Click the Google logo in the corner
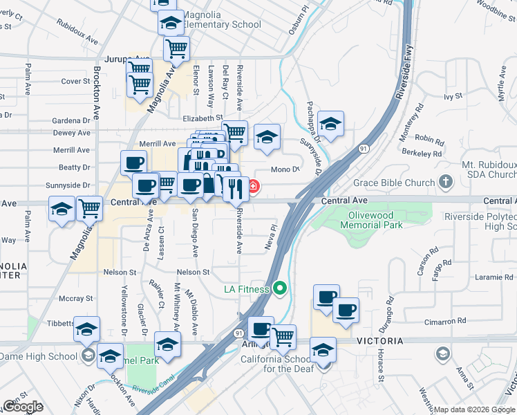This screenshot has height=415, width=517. coord(23,407)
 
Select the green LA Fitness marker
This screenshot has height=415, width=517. coord(280,288)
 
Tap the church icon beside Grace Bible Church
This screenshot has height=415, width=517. coord(446,183)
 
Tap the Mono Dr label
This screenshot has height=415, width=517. coord(285,169)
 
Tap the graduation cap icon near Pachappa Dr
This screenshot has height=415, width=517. coord(331,124)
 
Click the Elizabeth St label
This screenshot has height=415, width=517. coord(203,118)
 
